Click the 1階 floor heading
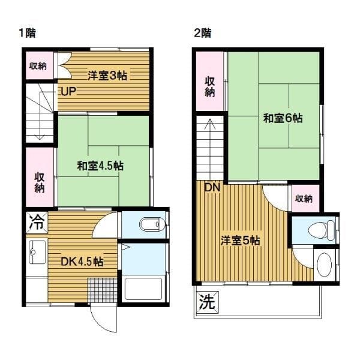click(x=26, y=32)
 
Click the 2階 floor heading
click(x=201, y=32)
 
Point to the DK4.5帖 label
click(x=82, y=262)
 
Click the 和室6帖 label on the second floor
click(x=282, y=118)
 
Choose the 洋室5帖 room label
click(x=240, y=241)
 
